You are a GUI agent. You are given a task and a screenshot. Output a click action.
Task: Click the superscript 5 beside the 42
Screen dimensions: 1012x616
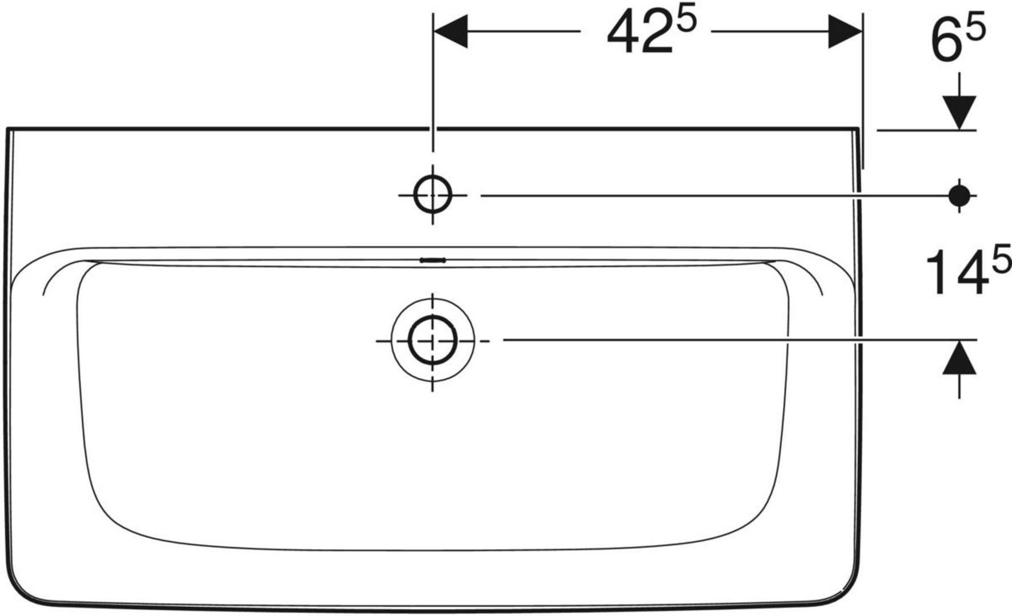tap(688, 22)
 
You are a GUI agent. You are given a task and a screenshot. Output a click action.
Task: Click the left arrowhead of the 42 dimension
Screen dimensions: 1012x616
tap(451, 31)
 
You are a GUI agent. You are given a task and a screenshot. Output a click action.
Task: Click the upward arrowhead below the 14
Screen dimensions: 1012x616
tap(959, 357)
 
